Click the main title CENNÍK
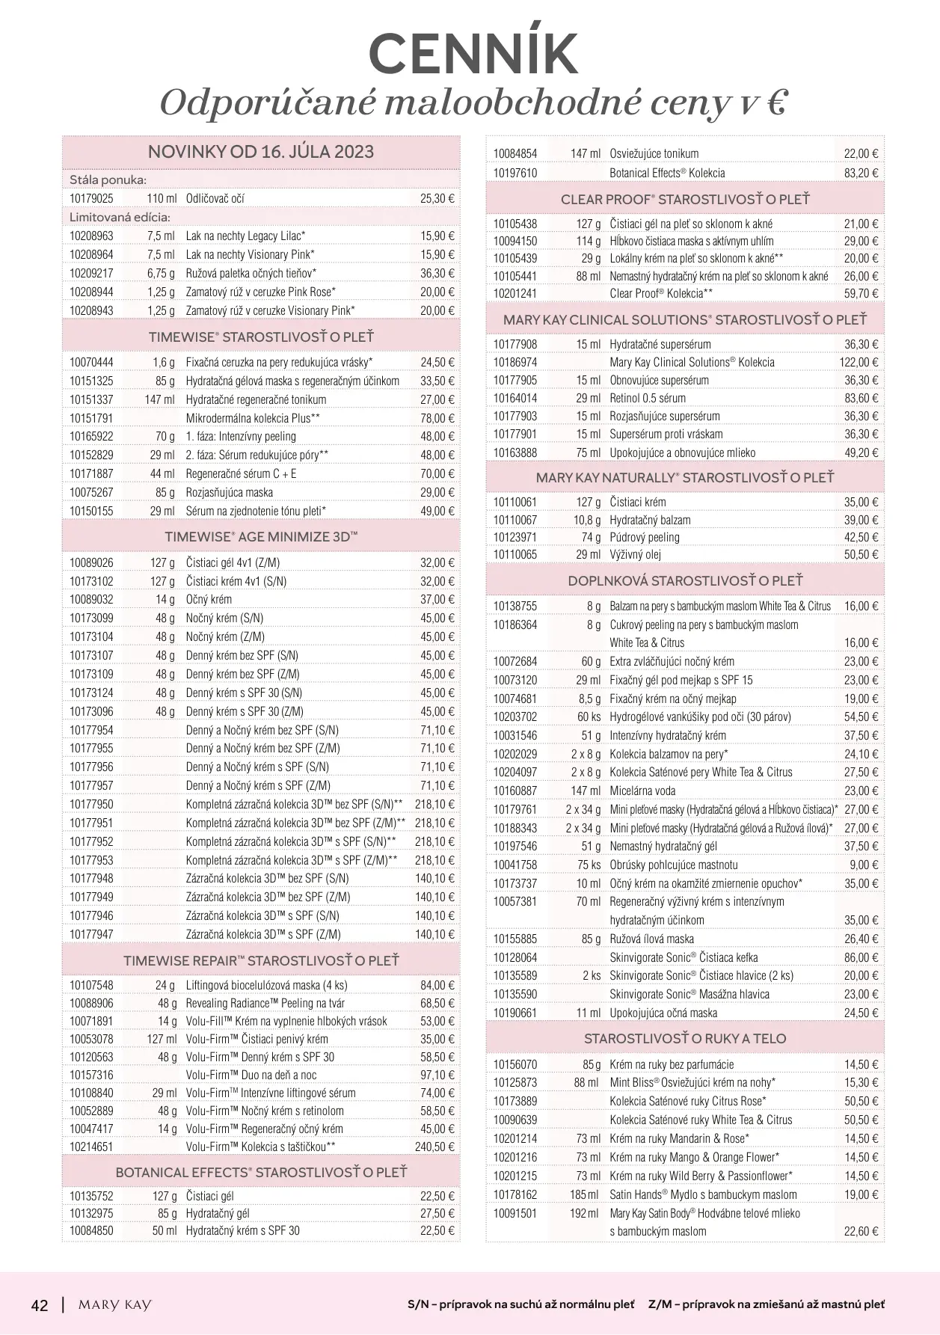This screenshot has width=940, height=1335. [x=473, y=54]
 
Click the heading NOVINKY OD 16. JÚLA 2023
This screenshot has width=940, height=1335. [x=261, y=152]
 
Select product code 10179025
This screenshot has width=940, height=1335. [x=91, y=199]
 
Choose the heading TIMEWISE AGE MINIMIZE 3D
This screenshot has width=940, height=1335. [x=261, y=537]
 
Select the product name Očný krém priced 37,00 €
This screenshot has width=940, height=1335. [x=209, y=600]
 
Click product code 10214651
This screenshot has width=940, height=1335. [x=91, y=1147]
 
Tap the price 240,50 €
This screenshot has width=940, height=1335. [x=434, y=1147]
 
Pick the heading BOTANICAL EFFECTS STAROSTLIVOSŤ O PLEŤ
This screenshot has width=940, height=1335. [x=261, y=1172]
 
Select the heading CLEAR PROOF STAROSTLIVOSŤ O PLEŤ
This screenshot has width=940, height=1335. [x=685, y=200]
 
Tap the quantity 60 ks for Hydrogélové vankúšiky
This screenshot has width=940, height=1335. [x=589, y=717]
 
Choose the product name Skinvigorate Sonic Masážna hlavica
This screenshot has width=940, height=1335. [x=689, y=995]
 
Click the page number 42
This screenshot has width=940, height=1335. [x=40, y=1306]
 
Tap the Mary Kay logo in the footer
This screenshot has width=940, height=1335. [x=114, y=1305]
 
